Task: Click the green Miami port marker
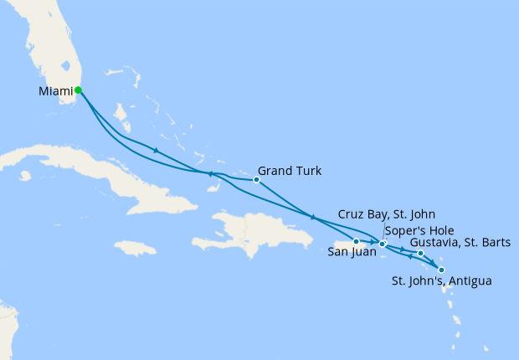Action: coord(78,90)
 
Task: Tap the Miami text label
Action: coord(55,90)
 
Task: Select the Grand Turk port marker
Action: coord(257,180)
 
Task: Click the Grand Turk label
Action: coord(290,171)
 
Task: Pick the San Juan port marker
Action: coord(356,242)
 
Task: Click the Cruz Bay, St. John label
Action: coord(386,215)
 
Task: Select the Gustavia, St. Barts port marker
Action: coord(420,253)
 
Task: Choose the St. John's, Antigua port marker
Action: coord(441,270)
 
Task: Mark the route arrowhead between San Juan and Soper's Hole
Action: coord(370,243)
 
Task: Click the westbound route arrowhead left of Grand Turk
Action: coord(210,174)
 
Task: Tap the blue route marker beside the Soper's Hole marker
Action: coord(382,244)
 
